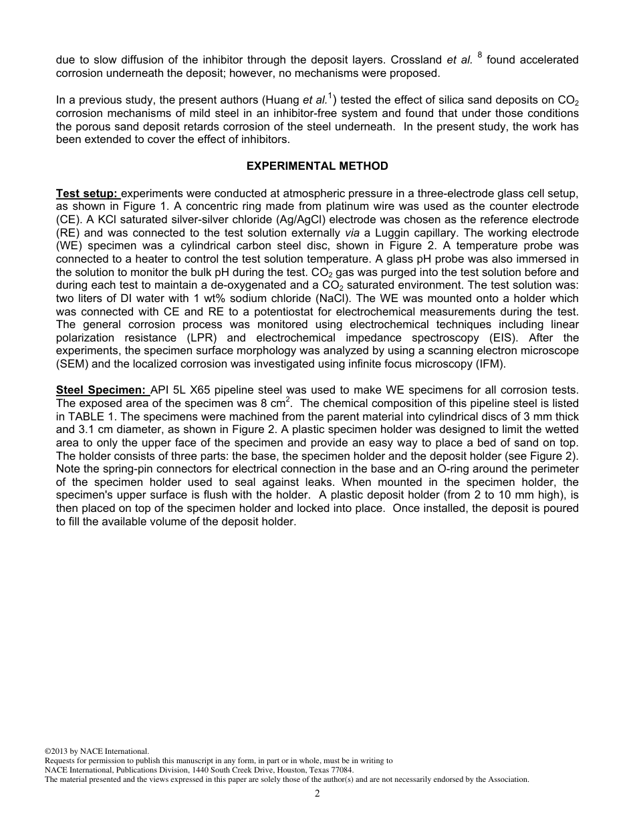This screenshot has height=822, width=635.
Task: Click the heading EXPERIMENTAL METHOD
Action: [317, 166]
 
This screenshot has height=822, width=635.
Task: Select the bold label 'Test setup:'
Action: [87, 194]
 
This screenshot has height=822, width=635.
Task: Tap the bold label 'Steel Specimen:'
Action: [101, 390]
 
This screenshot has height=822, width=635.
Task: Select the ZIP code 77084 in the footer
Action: [341, 770]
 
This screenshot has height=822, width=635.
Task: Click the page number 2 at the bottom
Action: [317, 794]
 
